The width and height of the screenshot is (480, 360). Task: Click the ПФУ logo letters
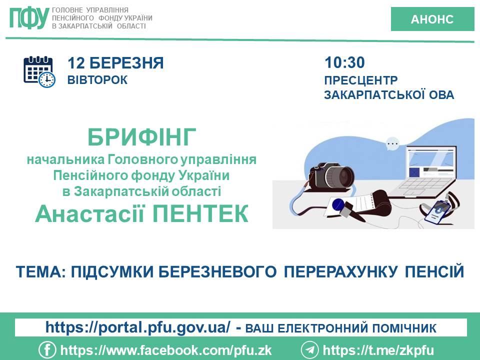(29, 18)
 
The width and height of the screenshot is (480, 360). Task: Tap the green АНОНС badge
(432, 19)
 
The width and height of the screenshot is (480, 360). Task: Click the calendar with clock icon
(39, 72)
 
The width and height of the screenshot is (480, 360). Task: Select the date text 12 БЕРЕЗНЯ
(115, 63)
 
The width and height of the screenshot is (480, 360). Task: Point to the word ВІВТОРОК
(97, 80)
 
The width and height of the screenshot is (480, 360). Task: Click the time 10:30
(344, 62)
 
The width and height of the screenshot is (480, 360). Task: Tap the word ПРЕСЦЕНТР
(361, 80)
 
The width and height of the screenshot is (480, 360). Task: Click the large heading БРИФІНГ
(141, 137)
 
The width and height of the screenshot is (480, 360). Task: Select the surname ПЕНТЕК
(200, 213)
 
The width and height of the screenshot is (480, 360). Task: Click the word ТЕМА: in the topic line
(40, 271)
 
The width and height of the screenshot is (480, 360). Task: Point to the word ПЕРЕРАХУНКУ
(340, 271)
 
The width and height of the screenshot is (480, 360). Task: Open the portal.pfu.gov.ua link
(138, 327)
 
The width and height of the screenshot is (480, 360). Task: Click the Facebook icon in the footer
(47, 350)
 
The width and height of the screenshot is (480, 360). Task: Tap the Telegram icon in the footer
(309, 350)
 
